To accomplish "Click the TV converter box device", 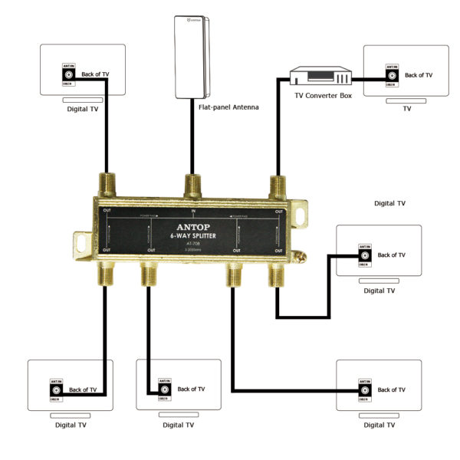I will [x=320, y=77].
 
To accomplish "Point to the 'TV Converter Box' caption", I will [x=324, y=96].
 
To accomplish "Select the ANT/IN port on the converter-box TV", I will [x=390, y=75].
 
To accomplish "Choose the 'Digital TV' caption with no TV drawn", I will [x=389, y=204].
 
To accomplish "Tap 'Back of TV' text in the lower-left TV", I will [x=83, y=389].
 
